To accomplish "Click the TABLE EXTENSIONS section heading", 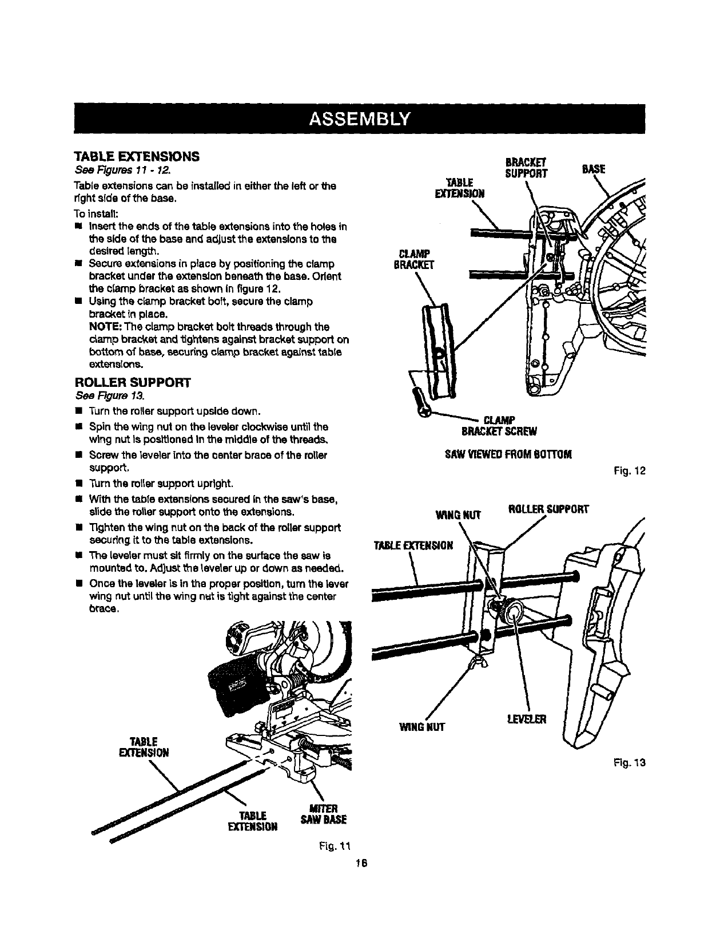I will pos(137,156).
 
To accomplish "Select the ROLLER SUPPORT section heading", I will pos(133,382).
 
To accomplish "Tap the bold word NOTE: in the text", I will pos(105,327).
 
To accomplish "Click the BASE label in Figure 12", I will pos(592,169).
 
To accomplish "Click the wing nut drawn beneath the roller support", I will pos(475,663).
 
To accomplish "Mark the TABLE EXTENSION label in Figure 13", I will pos(412,545).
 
